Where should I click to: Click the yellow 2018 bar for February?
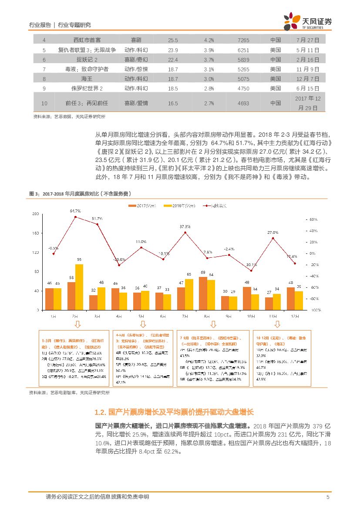pyautogui.click(x=79, y=287)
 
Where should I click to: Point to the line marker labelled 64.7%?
pyautogui.click(x=75, y=216)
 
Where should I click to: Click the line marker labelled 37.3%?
pyautogui.click(x=185, y=232)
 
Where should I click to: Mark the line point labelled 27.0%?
pyautogui.click(x=273, y=238)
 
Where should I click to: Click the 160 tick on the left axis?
pyautogui.click(x=36, y=233)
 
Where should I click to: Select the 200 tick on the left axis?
pyautogui.click(x=36, y=214)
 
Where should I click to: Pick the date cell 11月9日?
pyautogui.click(x=308, y=69)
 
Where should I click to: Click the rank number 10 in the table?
pyautogui.click(x=44, y=103)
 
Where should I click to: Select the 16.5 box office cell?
pyautogui.click(x=173, y=103)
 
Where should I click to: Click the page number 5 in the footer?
pyautogui.click(x=327, y=497)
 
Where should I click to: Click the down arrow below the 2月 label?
pyautogui.click(x=77, y=324)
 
